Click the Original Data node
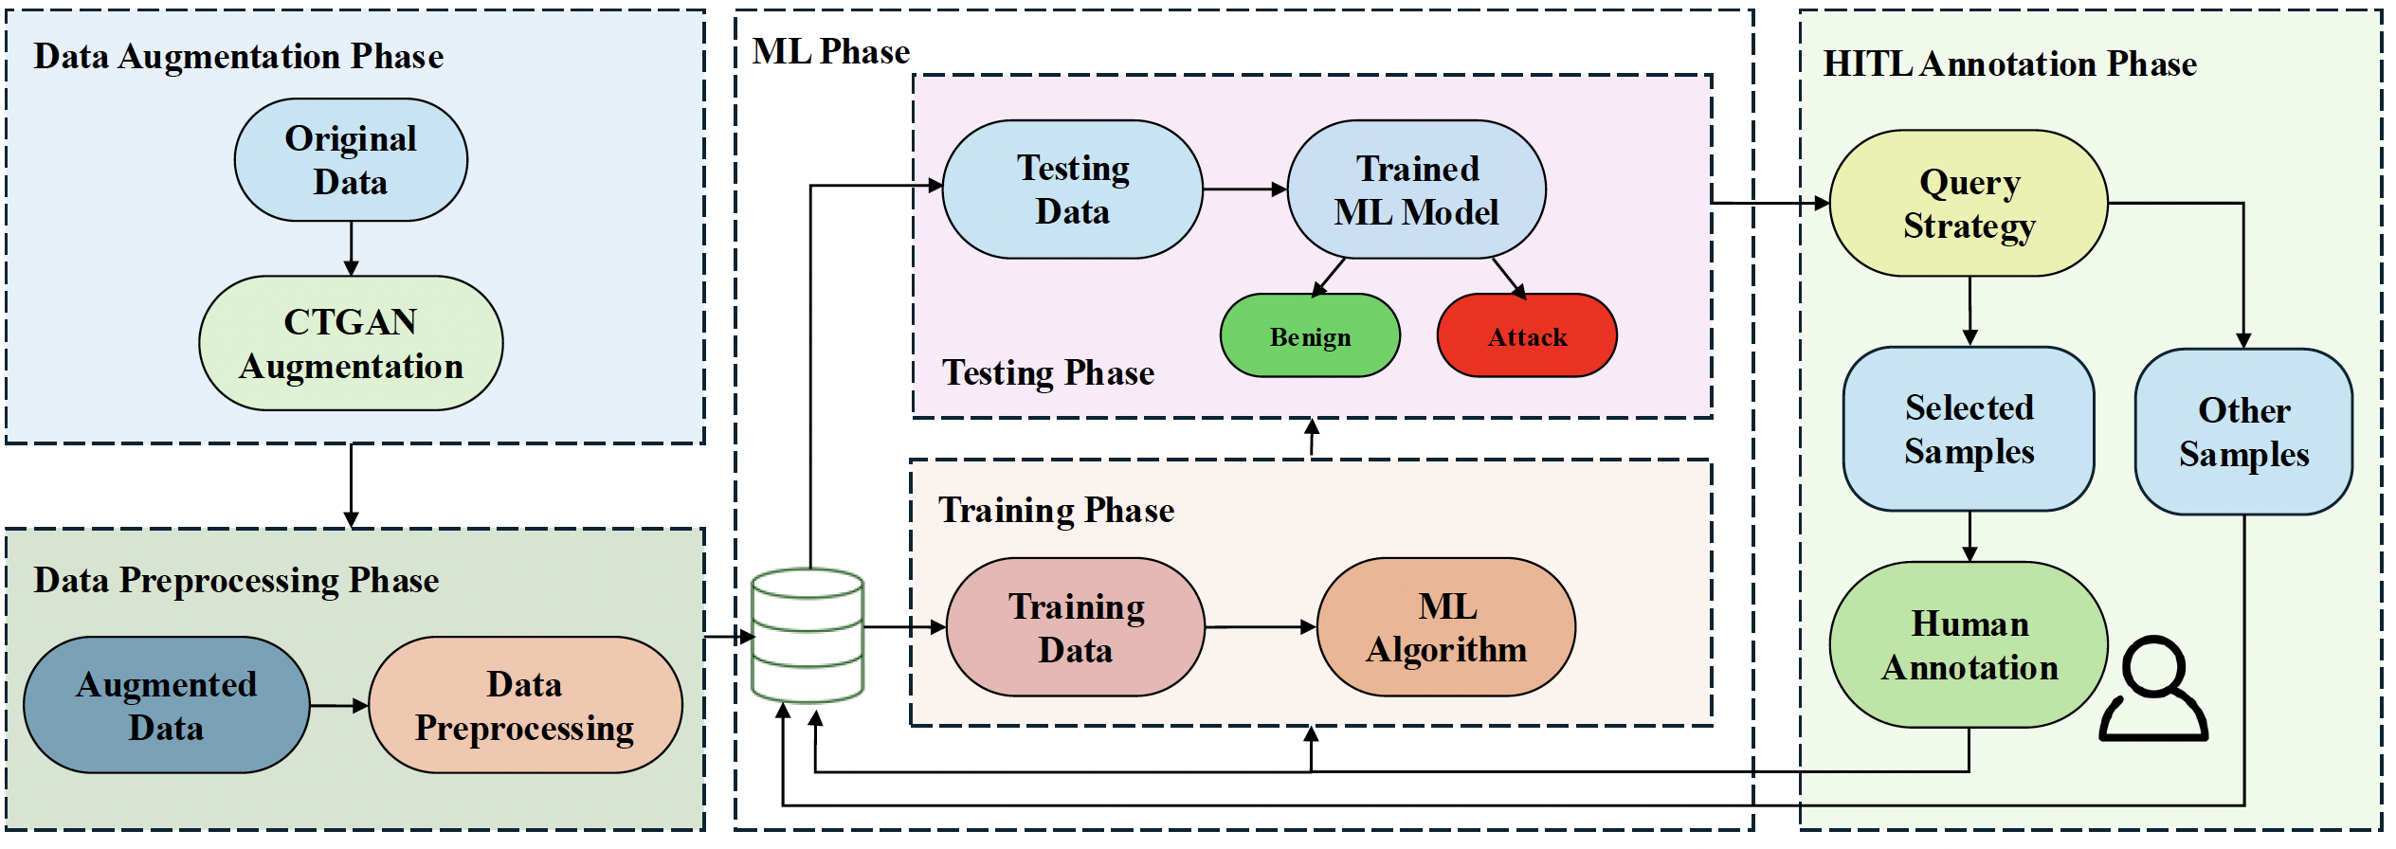tap(351, 160)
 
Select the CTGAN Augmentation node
tap(351, 343)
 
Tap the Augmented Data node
tap(166, 705)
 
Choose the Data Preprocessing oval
tap(525, 705)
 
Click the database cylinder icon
tap(808, 635)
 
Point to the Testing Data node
tap(1073, 190)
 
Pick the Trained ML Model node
tap(1417, 190)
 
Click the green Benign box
tap(1310, 336)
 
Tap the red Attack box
tap(1527, 336)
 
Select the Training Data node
tap(1076, 627)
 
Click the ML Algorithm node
tap(1446, 627)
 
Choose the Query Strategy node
tap(1969, 204)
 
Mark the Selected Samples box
tap(1969, 429)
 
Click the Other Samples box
tap(2243, 432)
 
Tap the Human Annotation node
tap(1969, 645)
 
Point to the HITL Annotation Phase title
tap(2009, 64)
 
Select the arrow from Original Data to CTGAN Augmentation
tap(351, 248)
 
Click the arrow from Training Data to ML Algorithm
tap(1261, 627)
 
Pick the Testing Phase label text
tap(1047, 373)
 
